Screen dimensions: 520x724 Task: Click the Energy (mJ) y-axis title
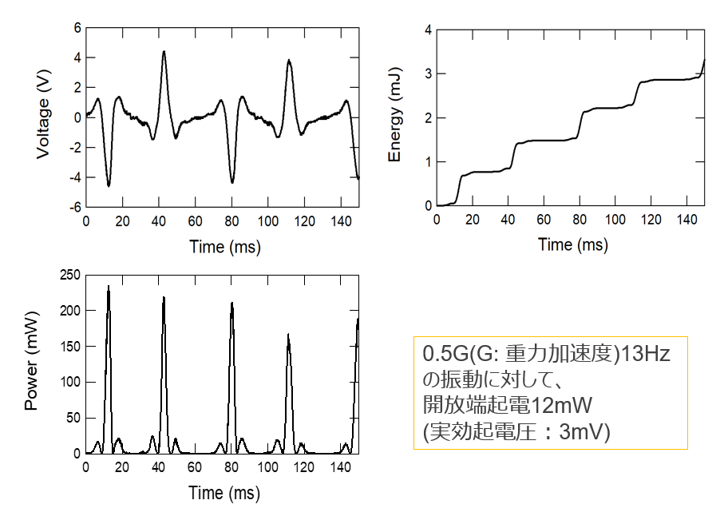(x=394, y=117)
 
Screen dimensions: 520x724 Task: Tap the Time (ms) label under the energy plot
(x=573, y=244)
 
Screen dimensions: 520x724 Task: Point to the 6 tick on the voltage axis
(x=77, y=28)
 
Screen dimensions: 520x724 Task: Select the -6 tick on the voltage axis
(x=75, y=207)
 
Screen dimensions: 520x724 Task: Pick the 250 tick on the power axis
(x=69, y=276)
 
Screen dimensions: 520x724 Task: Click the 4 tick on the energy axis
(x=428, y=30)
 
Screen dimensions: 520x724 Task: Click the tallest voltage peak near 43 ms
(x=164, y=52)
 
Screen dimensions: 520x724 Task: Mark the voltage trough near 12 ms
(x=109, y=186)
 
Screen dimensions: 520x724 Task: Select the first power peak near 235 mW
(x=109, y=286)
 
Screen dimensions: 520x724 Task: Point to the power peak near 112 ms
(x=288, y=335)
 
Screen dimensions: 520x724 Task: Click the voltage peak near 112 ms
(x=288, y=61)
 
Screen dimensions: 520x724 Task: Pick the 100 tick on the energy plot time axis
(x=615, y=220)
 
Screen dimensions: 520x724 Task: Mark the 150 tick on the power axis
(x=69, y=347)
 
